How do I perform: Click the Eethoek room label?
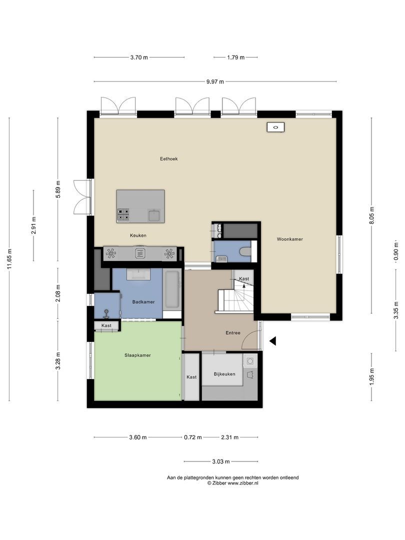169,159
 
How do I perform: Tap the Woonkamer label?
289,239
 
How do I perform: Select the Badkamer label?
143,302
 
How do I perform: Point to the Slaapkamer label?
138,355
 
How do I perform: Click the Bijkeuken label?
224,374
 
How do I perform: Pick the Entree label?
233,332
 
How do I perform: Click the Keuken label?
138,235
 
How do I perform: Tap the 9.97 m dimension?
215,81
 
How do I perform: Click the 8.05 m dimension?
371,215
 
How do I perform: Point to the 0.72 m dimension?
193,437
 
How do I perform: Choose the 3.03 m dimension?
221,461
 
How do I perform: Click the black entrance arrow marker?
273,341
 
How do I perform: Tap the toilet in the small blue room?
246,251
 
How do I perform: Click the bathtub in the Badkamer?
172,289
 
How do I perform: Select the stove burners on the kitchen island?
123,214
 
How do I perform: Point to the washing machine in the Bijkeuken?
250,361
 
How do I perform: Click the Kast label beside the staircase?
244,279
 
